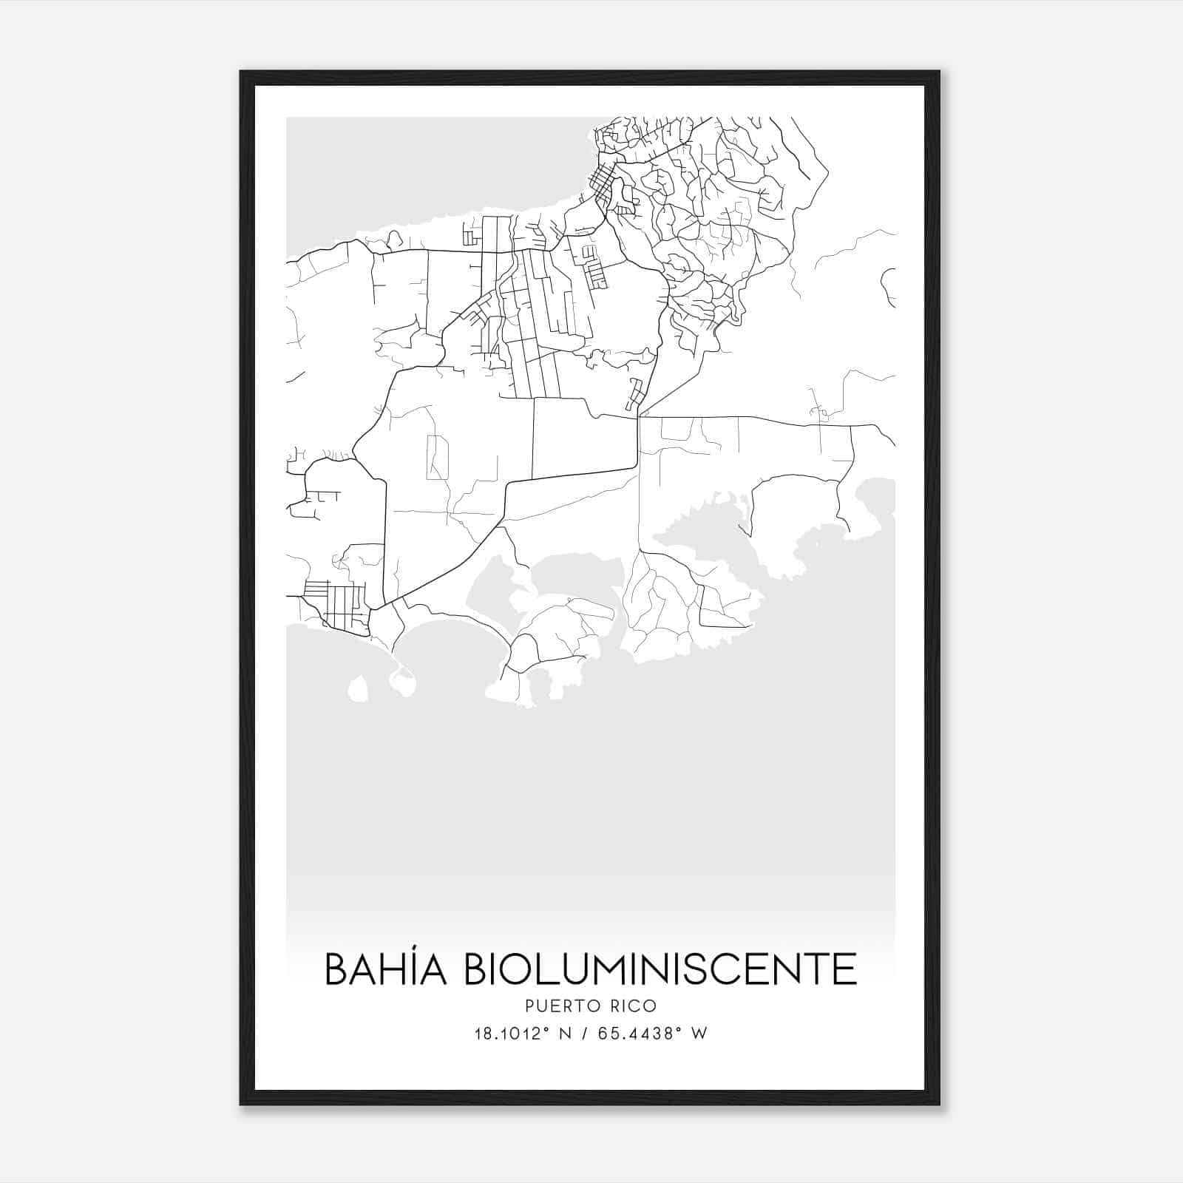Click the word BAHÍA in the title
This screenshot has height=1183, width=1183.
pyautogui.click(x=385, y=969)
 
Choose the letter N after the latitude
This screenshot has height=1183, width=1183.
pyautogui.click(x=568, y=1034)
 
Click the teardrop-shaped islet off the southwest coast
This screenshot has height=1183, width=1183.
pyautogui.click(x=358, y=689)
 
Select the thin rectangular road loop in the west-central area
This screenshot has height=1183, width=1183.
pyautogui.click(x=437, y=458)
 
